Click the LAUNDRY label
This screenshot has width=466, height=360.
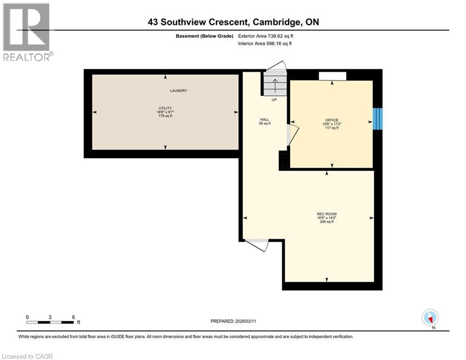(178, 90)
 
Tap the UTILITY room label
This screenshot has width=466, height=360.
(165, 108)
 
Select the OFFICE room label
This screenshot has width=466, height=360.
(332, 120)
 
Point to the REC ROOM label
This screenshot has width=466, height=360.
(326, 214)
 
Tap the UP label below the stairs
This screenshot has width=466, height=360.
(274, 100)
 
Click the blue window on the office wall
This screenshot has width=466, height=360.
(377, 119)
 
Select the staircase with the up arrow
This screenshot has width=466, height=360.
(274, 82)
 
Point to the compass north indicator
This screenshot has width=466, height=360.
(429, 317)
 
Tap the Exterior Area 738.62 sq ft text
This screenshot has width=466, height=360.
(266, 36)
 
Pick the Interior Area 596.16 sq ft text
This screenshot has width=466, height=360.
(265, 44)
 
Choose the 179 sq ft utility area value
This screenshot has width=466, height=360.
(165, 116)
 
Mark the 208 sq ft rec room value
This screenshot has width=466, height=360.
(326, 222)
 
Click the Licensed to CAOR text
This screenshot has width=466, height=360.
(28, 356)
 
